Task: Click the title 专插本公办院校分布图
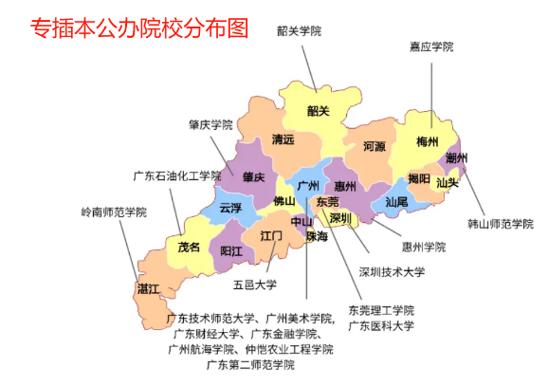140,28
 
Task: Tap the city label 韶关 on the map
318,111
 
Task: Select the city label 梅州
428,142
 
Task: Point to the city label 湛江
147,287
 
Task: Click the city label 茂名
188,247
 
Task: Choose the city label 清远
283,139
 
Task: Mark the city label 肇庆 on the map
253,176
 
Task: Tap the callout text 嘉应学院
431,46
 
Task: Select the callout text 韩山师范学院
501,225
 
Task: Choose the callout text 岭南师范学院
114,211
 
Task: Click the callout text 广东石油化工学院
176,175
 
